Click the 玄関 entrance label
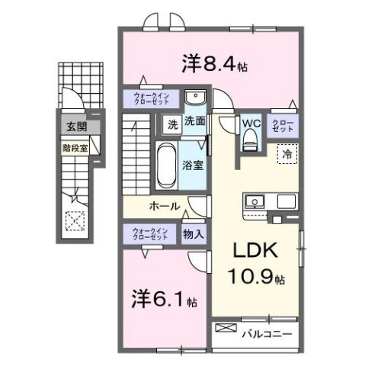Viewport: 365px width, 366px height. (75, 127)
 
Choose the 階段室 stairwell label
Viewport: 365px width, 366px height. (75, 146)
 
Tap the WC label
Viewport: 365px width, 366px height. (251, 121)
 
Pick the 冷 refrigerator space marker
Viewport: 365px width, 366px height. (287, 154)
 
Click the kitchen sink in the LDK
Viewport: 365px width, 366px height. (255, 202)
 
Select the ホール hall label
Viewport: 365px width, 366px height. (164, 207)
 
